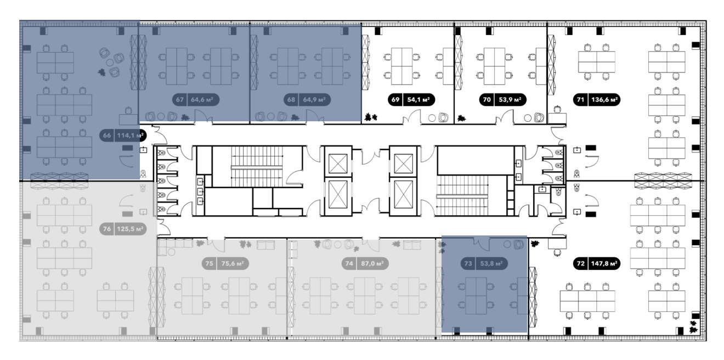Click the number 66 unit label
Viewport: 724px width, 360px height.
tap(107, 136)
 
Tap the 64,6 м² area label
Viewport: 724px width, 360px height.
tap(202, 100)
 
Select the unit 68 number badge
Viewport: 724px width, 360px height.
tap(291, 100)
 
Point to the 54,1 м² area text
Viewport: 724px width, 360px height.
tap(418, 100)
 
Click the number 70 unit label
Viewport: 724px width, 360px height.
tap(487, 100)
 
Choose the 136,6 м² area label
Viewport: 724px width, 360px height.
tap(604, 100)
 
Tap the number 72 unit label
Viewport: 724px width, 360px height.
tap(580, 263)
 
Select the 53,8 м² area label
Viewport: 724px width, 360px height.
tap(491, 263)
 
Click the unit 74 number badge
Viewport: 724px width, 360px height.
tap(349, 263)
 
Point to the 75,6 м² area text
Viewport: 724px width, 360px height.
tap(233, 263)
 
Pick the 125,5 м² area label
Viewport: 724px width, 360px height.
tap(130, 229)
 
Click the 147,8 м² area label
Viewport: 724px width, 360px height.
tap(604, 263)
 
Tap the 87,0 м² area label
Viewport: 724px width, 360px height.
tap(372, 263)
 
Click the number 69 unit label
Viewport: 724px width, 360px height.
tap(395, 100)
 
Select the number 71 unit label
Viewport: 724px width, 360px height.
tap(580, 100)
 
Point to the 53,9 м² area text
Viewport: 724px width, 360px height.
tap(510, 100)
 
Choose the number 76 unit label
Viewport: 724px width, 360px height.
tap(107, 229)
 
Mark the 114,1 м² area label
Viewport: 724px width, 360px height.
tap(130, 136)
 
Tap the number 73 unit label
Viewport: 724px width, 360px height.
tap(468, 263)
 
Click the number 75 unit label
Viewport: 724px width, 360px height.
tap(210, 263)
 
